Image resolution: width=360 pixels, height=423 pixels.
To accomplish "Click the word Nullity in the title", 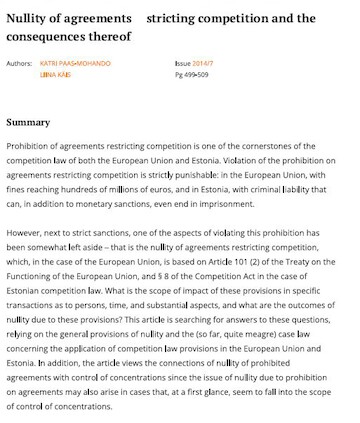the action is tap(29, 18).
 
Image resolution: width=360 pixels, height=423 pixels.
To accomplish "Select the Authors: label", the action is tap(19, 63).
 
